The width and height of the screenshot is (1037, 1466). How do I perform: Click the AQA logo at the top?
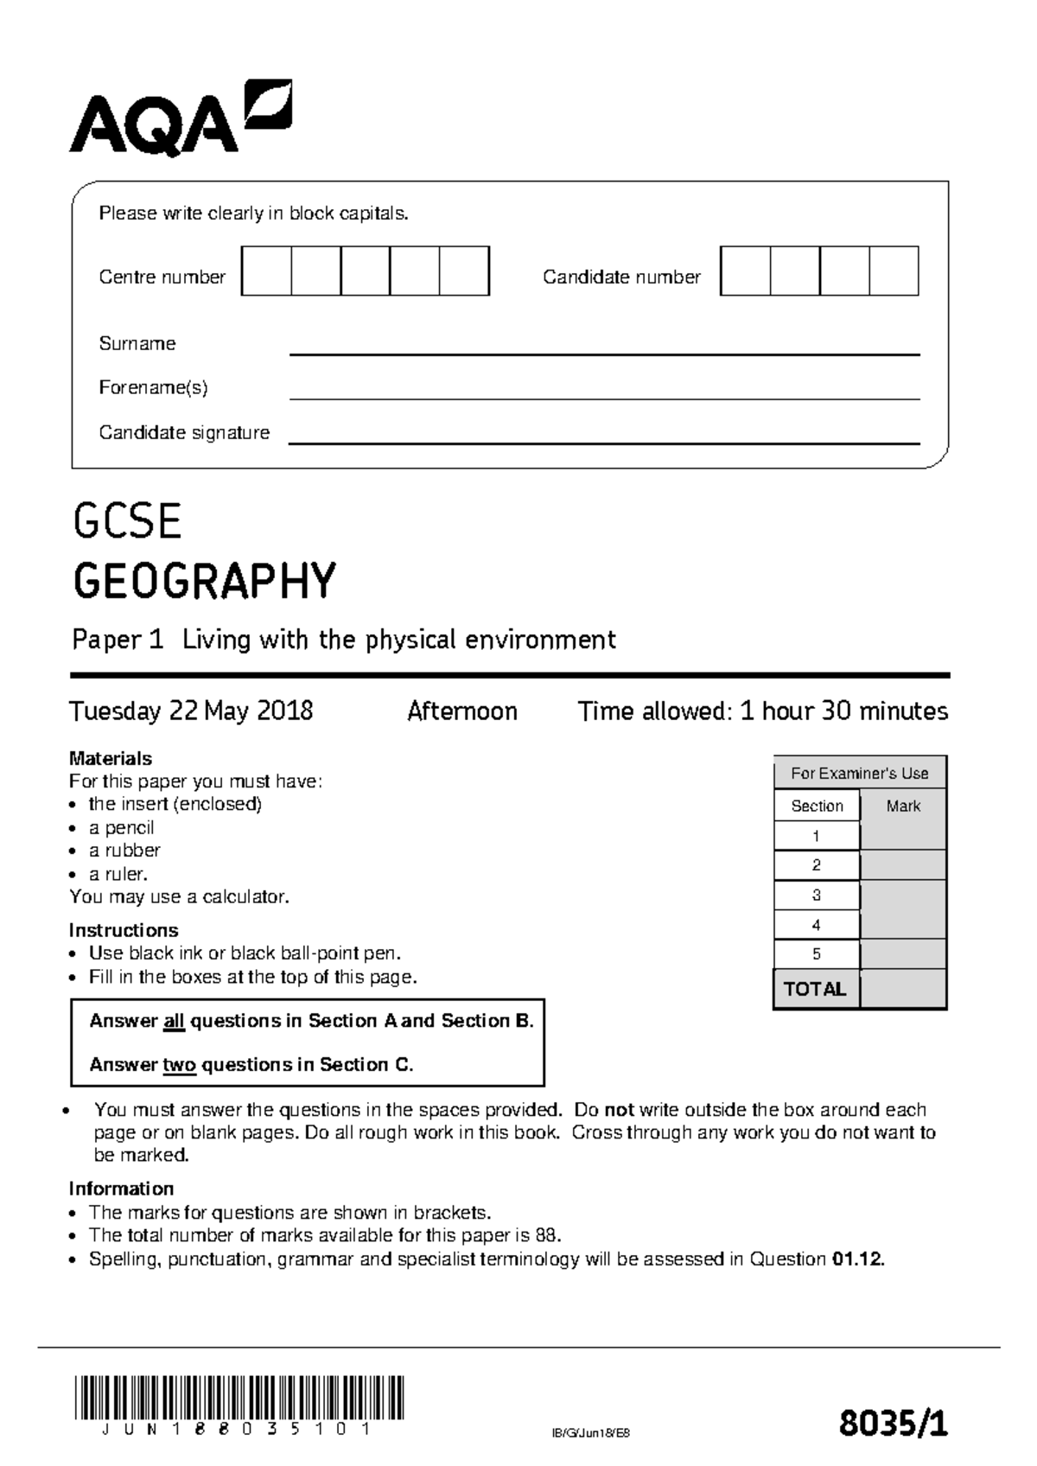click(180, 119)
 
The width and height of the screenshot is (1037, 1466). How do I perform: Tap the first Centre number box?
click(266, 271)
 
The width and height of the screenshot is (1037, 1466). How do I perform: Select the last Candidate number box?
click(894, 271)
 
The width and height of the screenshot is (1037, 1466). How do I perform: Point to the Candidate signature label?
click(184, 432)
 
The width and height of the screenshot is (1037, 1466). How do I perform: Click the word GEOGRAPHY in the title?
click(204, 581)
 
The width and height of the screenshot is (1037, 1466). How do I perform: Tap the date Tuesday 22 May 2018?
click(191, 711)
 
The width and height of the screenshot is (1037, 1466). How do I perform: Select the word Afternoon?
click(462, 711)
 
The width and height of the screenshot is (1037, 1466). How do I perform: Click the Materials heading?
click(110, 758)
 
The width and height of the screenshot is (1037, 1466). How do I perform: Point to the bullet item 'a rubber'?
click(124, 851)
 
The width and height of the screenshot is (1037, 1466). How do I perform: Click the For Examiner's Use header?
click(859, 774)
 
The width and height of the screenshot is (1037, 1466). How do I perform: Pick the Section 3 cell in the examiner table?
click(816, 896)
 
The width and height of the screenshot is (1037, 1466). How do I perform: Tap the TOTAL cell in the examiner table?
click(814, 990)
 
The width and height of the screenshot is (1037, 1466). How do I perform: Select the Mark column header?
click(903, 806)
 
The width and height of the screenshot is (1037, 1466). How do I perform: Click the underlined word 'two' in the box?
click(179, 1065)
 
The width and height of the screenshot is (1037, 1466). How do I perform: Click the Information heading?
click(121, 1189)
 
